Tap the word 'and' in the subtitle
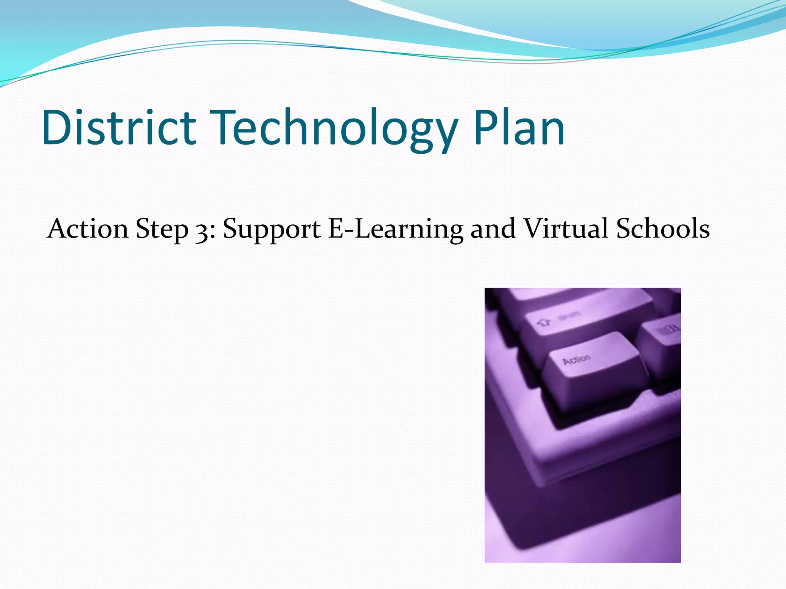(x=493, y=229)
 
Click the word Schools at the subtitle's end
(x=663, y=229)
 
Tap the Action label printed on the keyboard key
(x=576, y=360)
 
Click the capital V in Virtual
(x=535, y=229)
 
